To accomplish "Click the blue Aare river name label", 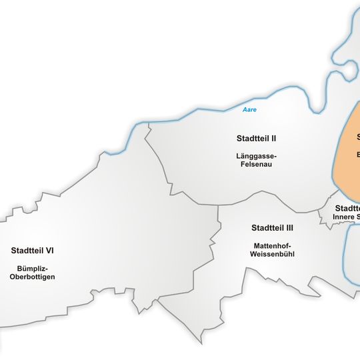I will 249,109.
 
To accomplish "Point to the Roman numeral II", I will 273,139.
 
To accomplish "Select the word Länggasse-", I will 256,156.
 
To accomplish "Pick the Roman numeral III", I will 289,228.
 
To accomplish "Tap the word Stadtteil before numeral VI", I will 26,251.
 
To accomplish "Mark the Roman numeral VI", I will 48,251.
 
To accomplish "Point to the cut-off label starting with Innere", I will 346,217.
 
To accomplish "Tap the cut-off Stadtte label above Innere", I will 347,208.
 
